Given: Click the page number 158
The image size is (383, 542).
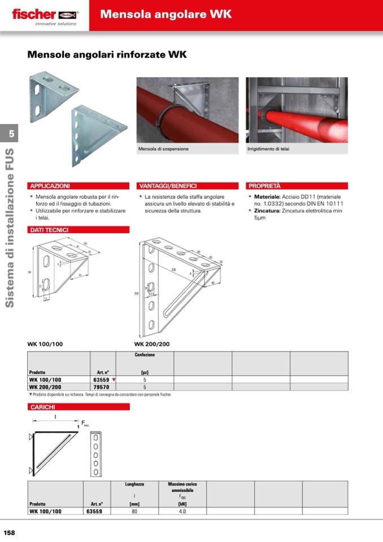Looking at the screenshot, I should [x=10, y=532].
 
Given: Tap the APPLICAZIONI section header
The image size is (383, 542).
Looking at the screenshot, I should [x=50, y=185].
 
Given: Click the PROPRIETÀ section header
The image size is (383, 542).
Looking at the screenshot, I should [x=264, y=185].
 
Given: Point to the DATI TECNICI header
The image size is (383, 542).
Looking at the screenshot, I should [x=49, y=230].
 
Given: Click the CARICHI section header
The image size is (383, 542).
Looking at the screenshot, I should [x=43, y=406].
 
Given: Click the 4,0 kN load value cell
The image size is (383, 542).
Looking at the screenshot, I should [x=182, y=511].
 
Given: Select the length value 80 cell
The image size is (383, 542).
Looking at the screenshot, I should [x=134, y=511].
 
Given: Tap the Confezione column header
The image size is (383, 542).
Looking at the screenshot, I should [x=145, y=355].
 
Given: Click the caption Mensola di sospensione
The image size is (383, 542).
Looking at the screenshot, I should [x=163, y=149].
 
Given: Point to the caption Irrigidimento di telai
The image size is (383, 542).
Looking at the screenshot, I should [x=268, y=149].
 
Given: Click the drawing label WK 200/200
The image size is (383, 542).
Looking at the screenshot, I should [x=151, y=344].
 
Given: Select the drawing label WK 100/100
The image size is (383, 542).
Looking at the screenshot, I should [x=45, y=344].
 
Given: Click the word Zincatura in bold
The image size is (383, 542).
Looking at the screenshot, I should [x=267, y=210].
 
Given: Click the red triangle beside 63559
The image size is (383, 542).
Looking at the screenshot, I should [x=114, y=380].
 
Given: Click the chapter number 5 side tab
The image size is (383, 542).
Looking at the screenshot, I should [x=9, y=134].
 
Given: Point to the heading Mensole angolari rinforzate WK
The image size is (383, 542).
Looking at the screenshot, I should [x=107, y=55].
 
